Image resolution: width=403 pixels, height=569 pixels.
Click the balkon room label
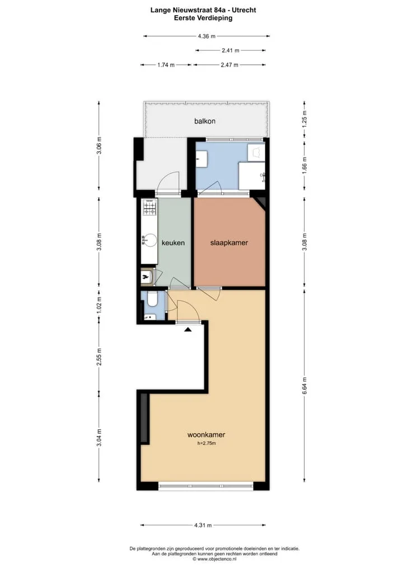205,121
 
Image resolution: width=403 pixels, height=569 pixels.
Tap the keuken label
173,243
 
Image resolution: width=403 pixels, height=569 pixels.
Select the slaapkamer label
229,243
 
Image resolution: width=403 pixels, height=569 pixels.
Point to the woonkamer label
206,434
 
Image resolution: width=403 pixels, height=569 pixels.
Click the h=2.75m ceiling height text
207,443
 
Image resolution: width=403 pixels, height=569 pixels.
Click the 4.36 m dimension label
207,36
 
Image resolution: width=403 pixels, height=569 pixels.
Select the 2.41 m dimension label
231,50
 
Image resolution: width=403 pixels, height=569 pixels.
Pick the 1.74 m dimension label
166,65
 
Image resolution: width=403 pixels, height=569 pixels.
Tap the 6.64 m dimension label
304,386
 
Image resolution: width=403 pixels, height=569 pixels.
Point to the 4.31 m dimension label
203,525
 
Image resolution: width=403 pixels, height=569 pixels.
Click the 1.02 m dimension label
99,306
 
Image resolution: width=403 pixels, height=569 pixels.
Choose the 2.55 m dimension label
99,357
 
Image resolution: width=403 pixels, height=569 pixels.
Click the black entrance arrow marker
188,330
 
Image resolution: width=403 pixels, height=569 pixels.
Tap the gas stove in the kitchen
149,207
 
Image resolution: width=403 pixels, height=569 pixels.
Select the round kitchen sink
149,240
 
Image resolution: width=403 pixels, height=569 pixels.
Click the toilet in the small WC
152,300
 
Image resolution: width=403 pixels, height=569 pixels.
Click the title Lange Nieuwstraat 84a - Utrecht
203,10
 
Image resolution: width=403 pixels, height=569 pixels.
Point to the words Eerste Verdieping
203,18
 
